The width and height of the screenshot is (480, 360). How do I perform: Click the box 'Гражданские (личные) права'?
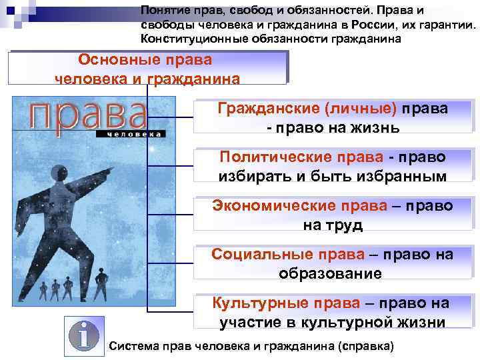pos(333,117)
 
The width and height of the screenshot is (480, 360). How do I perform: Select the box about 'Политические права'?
pos(333,166)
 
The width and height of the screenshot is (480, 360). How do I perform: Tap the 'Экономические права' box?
pos(333,215)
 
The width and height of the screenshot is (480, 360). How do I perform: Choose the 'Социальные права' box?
pos(333,263)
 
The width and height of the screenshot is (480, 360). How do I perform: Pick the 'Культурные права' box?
pos(333,312)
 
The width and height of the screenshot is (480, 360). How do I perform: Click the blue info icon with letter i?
pos(84,335)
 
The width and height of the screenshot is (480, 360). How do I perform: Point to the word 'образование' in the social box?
pos(331,274)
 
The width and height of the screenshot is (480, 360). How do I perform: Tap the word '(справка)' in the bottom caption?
pos(366,346)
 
